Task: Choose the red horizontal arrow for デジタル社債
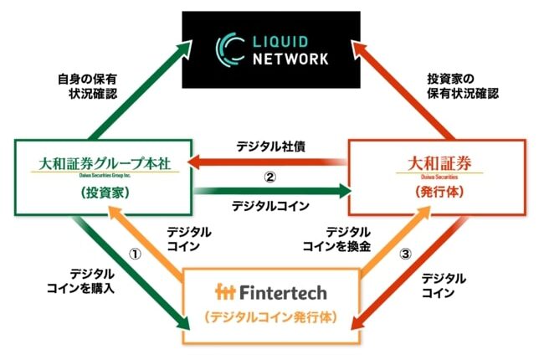[x=268, y=162]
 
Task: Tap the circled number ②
[x=269, y=177]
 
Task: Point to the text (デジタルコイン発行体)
[x=269, y=320]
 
